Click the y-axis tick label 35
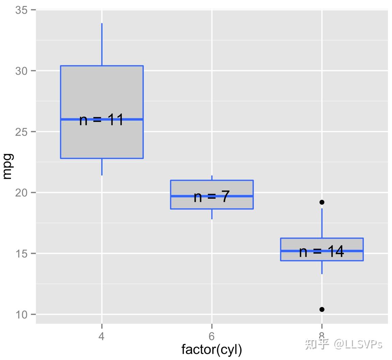click(x=21, y=10)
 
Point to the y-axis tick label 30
click(x=21, y=71)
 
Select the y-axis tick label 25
click(x=21, y=132)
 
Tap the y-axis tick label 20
click(x=21, y=193)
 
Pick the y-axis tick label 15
click(x=21, y=254)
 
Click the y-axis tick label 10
click(x=21, y=314)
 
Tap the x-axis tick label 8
click(x=321, y=336)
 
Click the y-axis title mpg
click(x=7, y=166)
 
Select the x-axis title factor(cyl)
click(x=212, y=350)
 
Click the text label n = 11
click(x=101, y=120)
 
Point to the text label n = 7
click(x=212, y=197)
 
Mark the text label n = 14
click(x=321, y=252)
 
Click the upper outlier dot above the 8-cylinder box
click(x=322, y=202)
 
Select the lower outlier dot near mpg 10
click(x=322, y=310)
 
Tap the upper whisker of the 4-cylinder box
click(x=102, y=44)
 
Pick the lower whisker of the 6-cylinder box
click(x=212, y=214)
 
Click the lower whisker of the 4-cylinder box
click(x=102, y=167)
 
